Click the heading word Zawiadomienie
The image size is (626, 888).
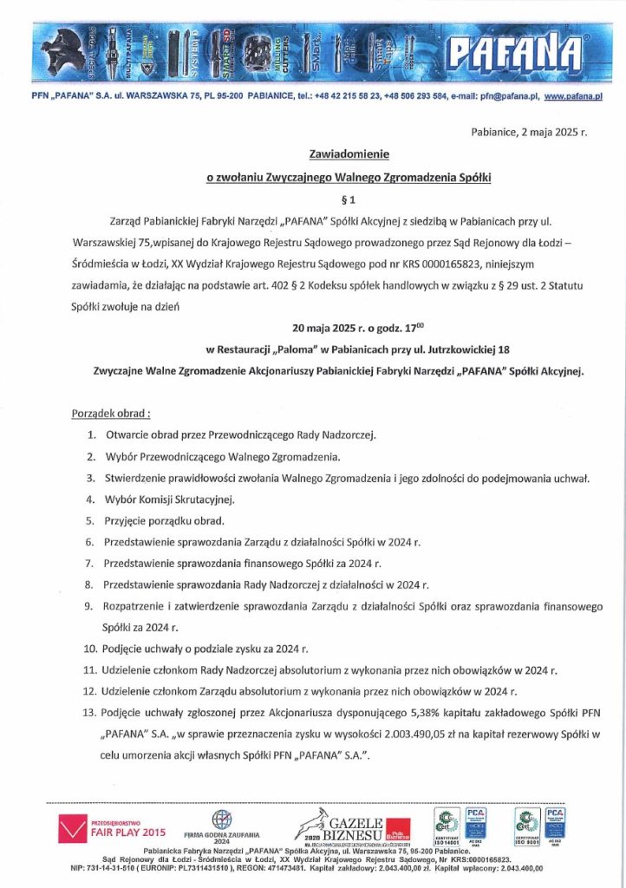click(x=349, y=154)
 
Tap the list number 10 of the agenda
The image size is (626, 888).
click(x=90, y=648)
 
